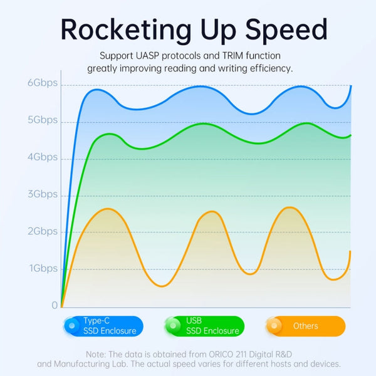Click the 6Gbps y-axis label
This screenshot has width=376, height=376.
click(42, 83)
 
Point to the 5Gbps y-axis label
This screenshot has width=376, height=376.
click(42, 120)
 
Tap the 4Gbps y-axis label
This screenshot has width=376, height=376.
click(42, 157)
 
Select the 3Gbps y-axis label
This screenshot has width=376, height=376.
click(42, 194)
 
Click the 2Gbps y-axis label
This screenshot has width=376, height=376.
click(42, 231)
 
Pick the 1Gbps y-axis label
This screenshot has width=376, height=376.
click(42, 268)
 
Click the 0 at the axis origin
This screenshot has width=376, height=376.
click(55, 305)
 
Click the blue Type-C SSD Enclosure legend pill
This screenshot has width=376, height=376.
click(103, 326)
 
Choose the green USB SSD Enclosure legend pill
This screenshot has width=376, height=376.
click(204, 326)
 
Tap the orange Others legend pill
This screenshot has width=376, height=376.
click(305, 326)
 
